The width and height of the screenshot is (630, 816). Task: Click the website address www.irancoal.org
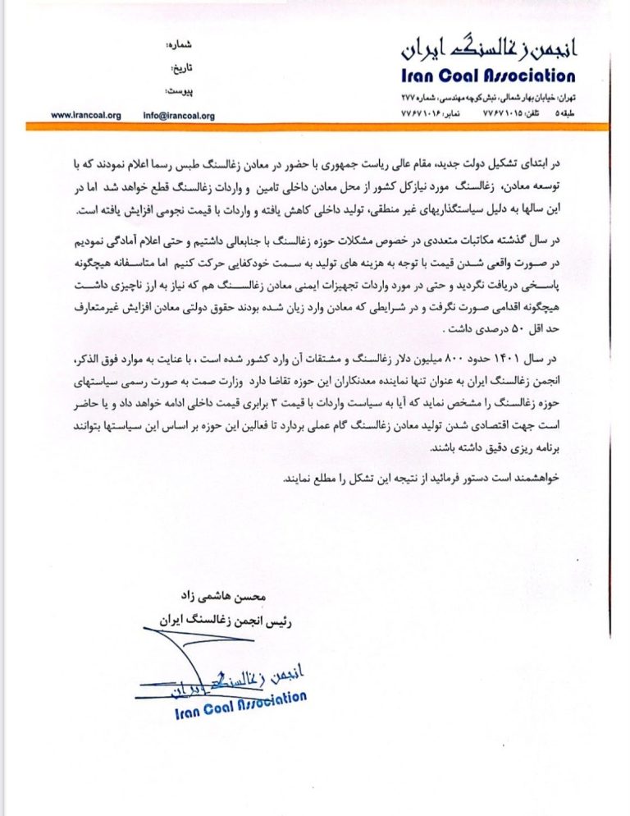point(85,116)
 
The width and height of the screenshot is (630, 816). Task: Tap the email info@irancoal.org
point(178,116)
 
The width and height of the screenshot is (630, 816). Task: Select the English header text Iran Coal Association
point(488,77)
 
